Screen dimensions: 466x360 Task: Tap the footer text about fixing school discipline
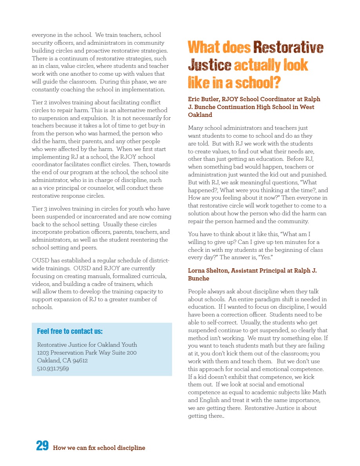click(99, 448)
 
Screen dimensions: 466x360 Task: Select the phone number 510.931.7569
click(53, 368)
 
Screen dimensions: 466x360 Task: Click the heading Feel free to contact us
click(70, 331)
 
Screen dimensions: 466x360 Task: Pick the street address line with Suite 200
click(87, 353)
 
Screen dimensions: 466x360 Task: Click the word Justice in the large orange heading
click(209, 65)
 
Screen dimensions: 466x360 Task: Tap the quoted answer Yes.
click(268, 257)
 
